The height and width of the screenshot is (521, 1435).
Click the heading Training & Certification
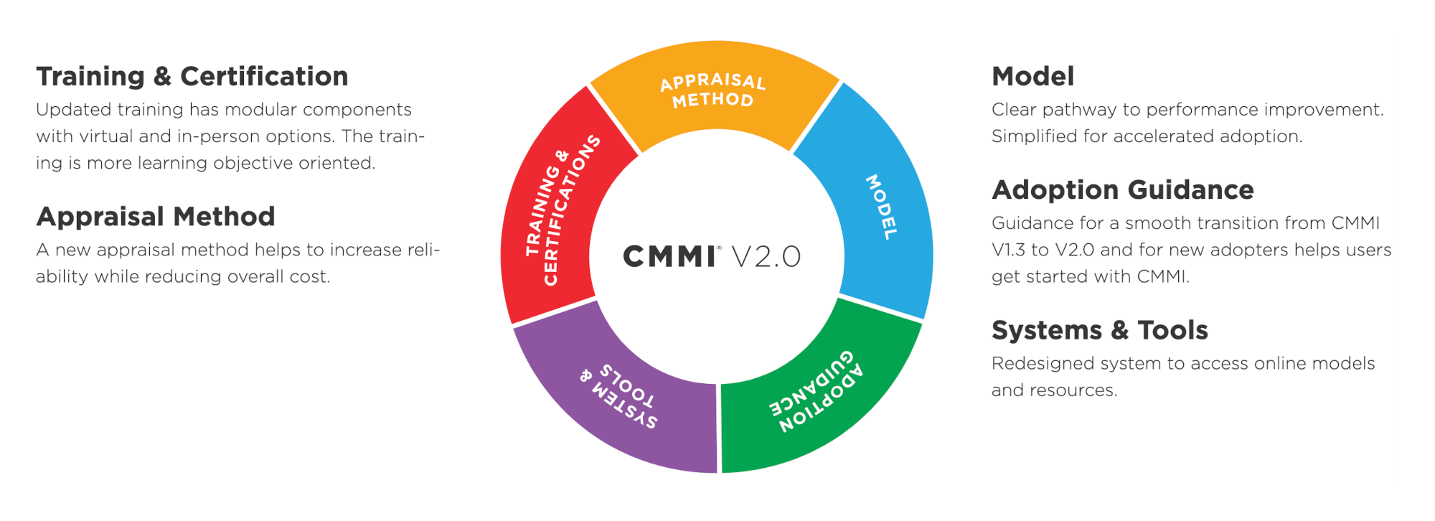click(192, 77)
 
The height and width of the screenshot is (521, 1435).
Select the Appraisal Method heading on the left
click(156, 217)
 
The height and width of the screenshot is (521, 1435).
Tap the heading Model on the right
click(1032, 77)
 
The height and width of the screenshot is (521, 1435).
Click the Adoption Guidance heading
click(1122, 190)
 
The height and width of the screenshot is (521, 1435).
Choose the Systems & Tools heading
click(1099, 331)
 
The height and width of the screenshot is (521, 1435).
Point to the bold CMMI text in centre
click(669, 257)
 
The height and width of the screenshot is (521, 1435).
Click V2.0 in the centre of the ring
click(766, 257)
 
